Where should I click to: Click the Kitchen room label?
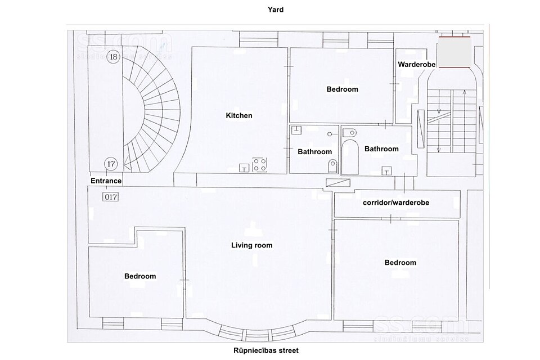(x=239, y=115)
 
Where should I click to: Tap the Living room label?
(x=252, y=245)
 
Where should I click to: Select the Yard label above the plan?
(x=276, y=10)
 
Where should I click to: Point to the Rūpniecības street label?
(x=266, y=350)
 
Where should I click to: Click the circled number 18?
(x=113, y=56)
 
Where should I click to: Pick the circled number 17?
(x=111, y=164)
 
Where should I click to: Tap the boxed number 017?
(x=111, y=197)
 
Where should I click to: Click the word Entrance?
(x=106, y=181)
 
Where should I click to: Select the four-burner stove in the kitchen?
(x=260, y=165)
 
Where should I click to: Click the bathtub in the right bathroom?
(x=350, y=157)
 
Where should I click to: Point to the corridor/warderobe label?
(x=396, y=202)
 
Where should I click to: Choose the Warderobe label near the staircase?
(x=417, y=65)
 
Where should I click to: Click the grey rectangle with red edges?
(x=454, y=52)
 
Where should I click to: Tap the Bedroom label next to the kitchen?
(x=343, y=89)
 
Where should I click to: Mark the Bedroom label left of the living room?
(x=140, y=276)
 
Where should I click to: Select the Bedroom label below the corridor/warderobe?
(x=400, y=263)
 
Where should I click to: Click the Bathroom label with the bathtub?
(x=381, y=149)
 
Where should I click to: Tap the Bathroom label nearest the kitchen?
(x=315, y=151)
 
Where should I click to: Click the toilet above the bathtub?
(x=349, y=132)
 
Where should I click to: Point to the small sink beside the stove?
(x=244, y=168)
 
